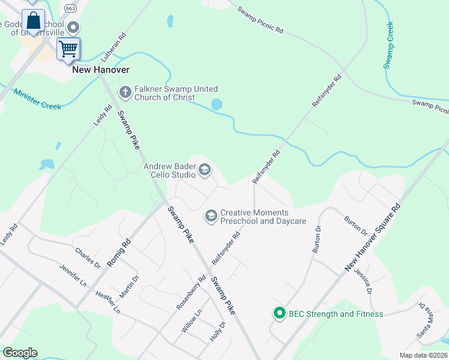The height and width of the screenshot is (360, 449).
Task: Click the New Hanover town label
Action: tap(100, 70)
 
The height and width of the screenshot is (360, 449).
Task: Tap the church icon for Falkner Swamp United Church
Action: tap(125, 92)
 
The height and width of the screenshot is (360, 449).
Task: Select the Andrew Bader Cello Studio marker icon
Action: tap(204, 170)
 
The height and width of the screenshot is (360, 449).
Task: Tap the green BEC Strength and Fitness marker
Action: tap(279, 313)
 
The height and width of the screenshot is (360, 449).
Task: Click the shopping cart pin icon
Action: tap(68, 48)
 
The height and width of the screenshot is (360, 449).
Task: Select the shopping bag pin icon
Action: tap(34, 22)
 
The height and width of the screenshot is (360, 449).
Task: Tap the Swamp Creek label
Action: tap(390, 45)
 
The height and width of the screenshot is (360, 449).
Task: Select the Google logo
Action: tap(20, 353)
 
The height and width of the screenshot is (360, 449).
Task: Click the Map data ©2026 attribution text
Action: tap(423, 355)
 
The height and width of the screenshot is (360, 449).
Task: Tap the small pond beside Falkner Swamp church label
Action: tap(216, 104)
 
